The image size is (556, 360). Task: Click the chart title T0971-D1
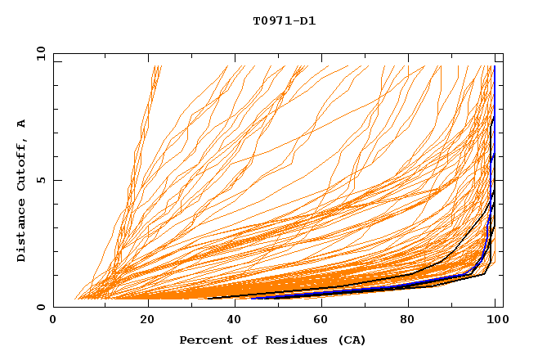pos(284,21)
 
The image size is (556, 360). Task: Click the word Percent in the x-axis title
pos(204,340)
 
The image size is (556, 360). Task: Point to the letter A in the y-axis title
pos(21,124)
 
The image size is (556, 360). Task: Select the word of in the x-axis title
pos(244,340)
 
